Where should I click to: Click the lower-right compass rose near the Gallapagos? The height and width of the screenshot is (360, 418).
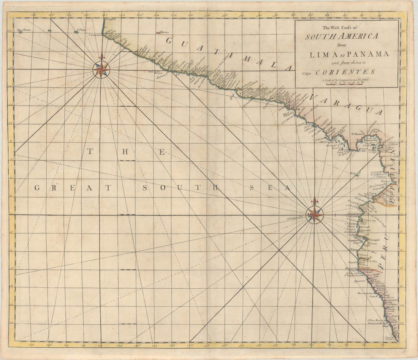pos(315,215)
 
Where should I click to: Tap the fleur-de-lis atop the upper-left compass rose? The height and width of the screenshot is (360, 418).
pos(101,58)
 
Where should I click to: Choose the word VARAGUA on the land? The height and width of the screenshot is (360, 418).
pos(346,104)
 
